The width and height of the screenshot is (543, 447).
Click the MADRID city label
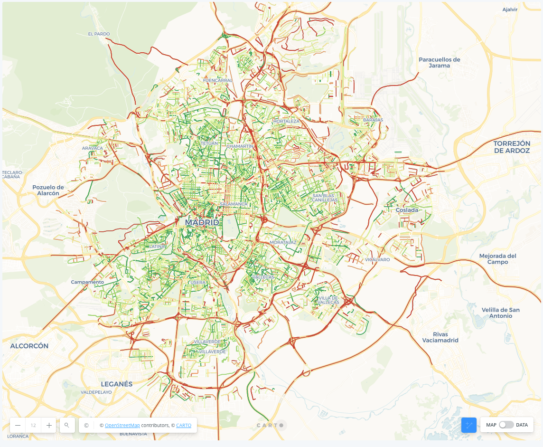pyautogui.click(x=202, y=222)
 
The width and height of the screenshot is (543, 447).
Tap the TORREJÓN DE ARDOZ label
pyautogui.click(x=511, y=147)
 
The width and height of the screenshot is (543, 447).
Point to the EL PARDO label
pyautogui.click(x=99, y=34)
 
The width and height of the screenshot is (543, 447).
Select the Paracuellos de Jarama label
pyautogui.click(x=439, y=63)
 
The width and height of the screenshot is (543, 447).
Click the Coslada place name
pyautogui.click(x=407, y=210)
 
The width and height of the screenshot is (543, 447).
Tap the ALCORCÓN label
pyautogui.click(x=29, y=346)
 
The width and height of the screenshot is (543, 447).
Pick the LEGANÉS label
pyautogui.click(x=116, y=384)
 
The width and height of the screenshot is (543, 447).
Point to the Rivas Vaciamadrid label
pyautogui.click(x=440, y=337)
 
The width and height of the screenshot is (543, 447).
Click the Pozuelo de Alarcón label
pyautogui.click(x=48, y=190)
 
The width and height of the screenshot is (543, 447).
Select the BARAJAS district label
pyautogui.click(x=373, y=120)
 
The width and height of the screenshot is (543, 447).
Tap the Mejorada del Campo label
pyautogui.click(x=497, y=259)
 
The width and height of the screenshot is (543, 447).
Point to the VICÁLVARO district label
pyautogui.click(x=377, y=260)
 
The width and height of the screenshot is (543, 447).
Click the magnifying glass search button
pyautogui.click(x=67, y=425)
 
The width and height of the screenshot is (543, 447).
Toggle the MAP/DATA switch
pyautogui.click(x=506, y=425)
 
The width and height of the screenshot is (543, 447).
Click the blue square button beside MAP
pyautogui.click(x=468, y=425)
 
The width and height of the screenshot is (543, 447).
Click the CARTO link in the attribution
pyautogui.click(x=184, y=426)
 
